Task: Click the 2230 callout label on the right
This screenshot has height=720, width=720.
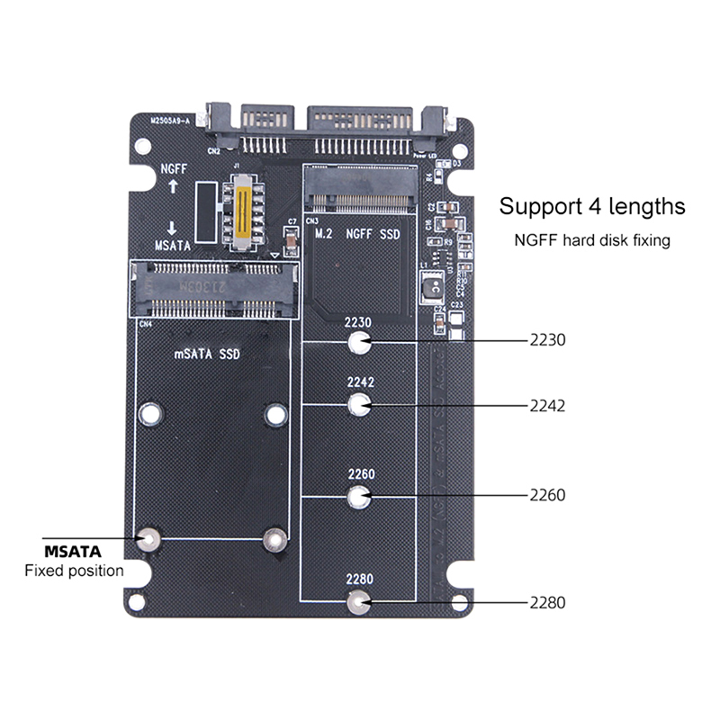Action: [x=547, y=341]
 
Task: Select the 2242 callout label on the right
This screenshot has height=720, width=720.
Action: [x=547, y=406]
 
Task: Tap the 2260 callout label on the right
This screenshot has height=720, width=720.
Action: [x=547, y=495]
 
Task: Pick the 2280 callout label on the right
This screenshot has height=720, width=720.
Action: [x=547, y=603]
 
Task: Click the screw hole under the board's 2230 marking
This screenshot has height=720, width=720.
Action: [x=359, y=343]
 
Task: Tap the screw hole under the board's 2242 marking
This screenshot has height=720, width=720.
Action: [x=359, y=406]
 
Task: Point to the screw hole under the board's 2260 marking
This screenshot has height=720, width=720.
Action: [x=359, y=495]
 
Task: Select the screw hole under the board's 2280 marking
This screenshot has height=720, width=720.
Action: [x=359, y=603]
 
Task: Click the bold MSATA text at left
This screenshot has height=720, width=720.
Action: [x=73, y=551]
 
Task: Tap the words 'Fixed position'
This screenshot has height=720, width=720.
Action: [x=74, y=571]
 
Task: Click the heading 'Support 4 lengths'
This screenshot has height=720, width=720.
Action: [x=592, y=206]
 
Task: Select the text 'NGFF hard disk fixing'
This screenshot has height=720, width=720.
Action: [x=592, y=240]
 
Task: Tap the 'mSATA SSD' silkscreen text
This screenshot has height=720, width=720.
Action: [x=206, y=355]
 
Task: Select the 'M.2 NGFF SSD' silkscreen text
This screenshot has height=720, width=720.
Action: [x=358, y=234]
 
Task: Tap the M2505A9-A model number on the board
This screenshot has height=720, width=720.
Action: [x=171, y=120]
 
